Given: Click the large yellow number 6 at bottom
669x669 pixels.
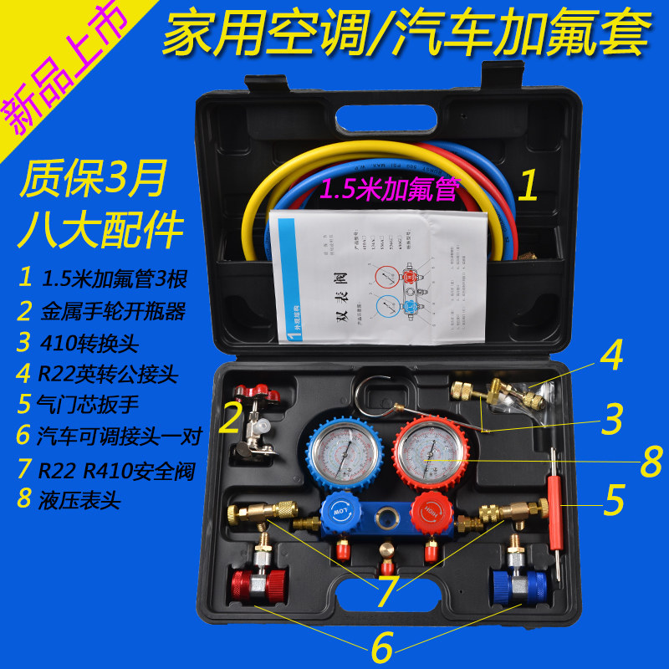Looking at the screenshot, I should (x=381, y=645).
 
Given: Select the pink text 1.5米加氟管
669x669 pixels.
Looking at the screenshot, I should (x=390, y=192).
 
